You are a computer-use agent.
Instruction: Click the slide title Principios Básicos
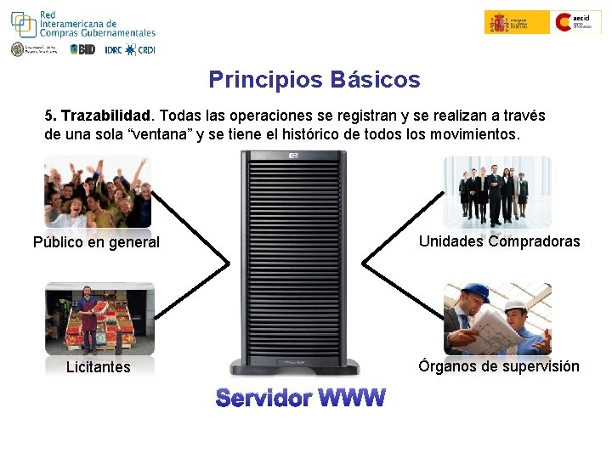(314, 80)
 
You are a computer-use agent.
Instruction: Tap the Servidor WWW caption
(300, 398)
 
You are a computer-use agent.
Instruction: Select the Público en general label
(96, 242)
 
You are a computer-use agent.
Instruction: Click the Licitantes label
(99, 367)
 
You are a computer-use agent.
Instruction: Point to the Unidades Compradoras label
(499, 241)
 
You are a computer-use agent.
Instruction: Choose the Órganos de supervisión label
(498, 366)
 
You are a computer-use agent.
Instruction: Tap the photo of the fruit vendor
(99, 319)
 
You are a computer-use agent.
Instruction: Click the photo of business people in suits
(497, 191)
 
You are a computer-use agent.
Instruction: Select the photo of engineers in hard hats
(497, 319)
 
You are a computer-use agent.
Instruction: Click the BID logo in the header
(82, 49)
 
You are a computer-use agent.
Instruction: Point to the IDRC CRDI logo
(130, 49)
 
